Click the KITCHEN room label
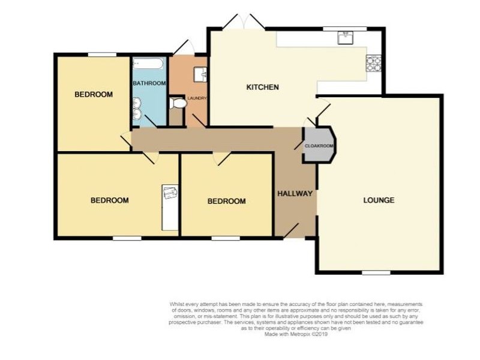(x=263, y=88)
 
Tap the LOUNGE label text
(x=379, y=200)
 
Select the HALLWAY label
(x=295, y=194)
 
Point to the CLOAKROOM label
(x=319, y=146)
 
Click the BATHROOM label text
(x=149, y=83)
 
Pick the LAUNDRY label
(x=197, y=98)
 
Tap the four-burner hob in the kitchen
(x=374, y=63)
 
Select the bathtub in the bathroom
(x=149, y=64)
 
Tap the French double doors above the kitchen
(x=242, y=22)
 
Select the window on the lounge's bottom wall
(x=376, y=272)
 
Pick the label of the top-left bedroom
(x=93, y=95)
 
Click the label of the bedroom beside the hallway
(x=226, y=201)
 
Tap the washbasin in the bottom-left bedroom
(x=170, y=194)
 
